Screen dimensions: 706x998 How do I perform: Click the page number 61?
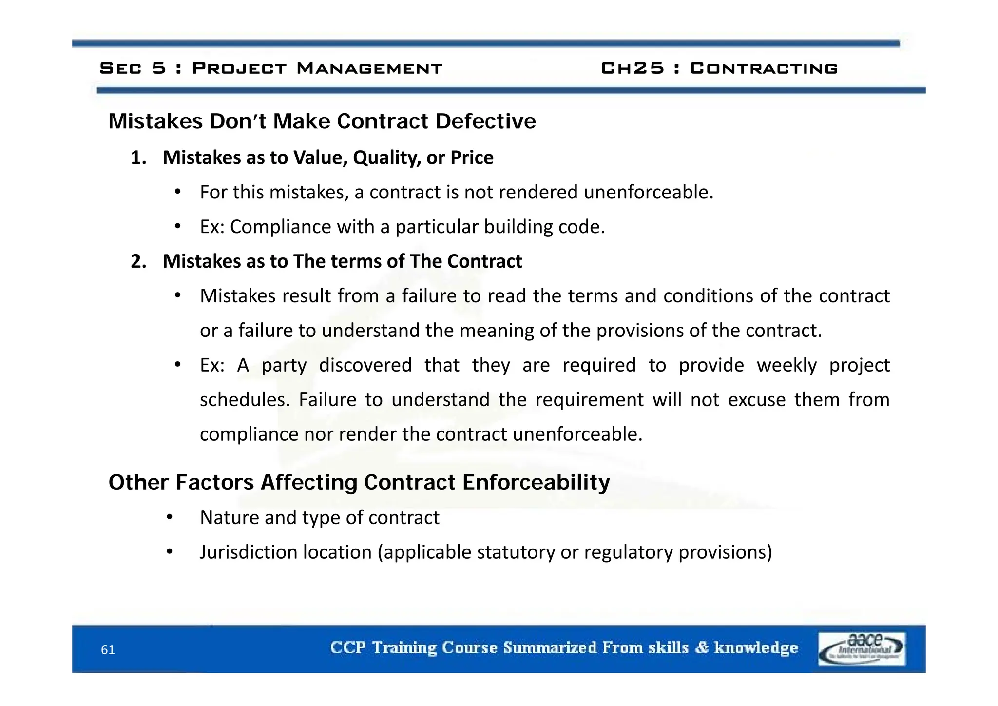108,650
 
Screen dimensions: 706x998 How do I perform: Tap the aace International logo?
862,648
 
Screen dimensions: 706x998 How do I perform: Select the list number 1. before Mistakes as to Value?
138,158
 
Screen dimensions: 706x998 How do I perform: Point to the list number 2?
138,262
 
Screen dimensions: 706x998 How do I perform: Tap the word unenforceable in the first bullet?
648,193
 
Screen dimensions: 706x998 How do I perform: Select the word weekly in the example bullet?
786,365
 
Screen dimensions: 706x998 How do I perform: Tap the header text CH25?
632,68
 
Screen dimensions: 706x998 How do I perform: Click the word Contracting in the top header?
764,68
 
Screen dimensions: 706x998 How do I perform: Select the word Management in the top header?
369,68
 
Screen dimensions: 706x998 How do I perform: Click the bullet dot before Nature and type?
169,517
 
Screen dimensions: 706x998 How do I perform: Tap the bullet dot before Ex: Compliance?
178,227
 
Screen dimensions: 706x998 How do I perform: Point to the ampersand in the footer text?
702,647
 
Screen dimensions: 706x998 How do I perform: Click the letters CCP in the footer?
348,647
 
